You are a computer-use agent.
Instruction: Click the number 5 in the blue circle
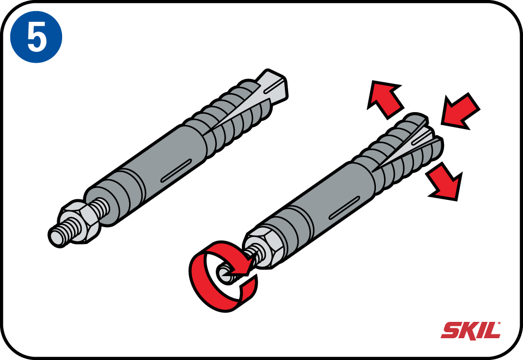point(37,38)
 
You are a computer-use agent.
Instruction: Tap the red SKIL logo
point(471,331)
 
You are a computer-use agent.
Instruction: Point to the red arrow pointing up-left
point(385,99)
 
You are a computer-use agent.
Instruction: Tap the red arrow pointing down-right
point(445,182)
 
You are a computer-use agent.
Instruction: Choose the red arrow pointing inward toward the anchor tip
point(460,111)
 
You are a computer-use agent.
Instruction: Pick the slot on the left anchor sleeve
point(176,170)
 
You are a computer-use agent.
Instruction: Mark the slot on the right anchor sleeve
point(344,208)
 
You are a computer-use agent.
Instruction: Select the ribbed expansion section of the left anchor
point(230,117)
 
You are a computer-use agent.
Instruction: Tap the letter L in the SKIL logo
point(493,331)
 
